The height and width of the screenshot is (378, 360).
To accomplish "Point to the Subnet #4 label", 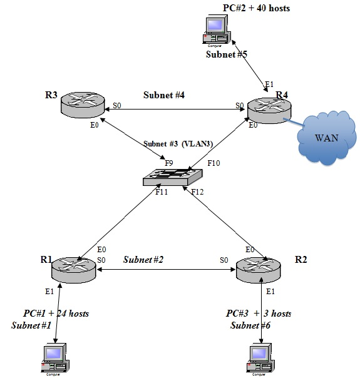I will (164, 95).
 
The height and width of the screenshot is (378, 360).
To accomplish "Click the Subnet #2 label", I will (144, 258).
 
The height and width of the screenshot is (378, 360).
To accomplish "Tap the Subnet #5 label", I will (227, 54).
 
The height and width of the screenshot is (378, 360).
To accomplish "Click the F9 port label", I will (169, 163).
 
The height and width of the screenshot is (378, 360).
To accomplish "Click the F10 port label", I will (214, 163).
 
